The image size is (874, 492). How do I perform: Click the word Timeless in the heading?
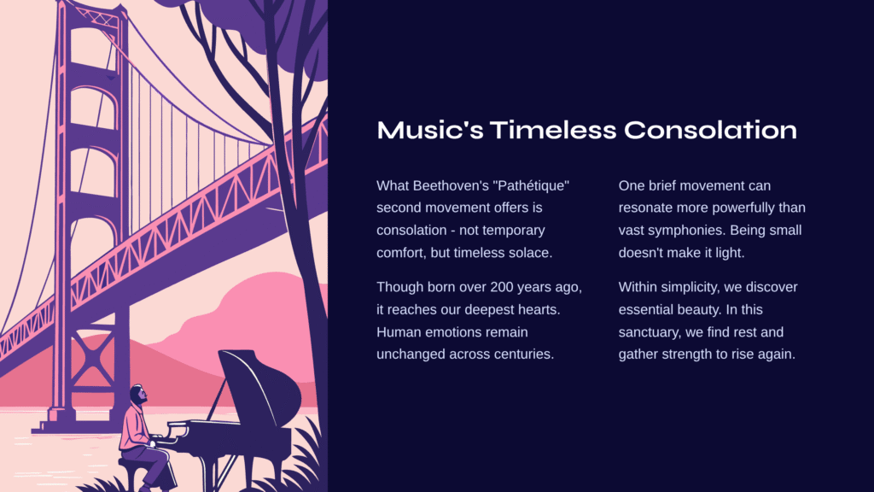click(x=553, y=130)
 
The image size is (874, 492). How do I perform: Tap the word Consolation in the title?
click(x=710, y=130)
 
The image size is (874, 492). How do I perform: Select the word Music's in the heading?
click(x=430, y=130)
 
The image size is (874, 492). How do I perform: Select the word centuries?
click(x=524, y=354)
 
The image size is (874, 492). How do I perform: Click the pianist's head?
click(x=139, y=394)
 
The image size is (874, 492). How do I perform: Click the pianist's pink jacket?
click(x=134, y=427)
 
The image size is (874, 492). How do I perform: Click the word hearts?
click(x=539, y=309)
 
